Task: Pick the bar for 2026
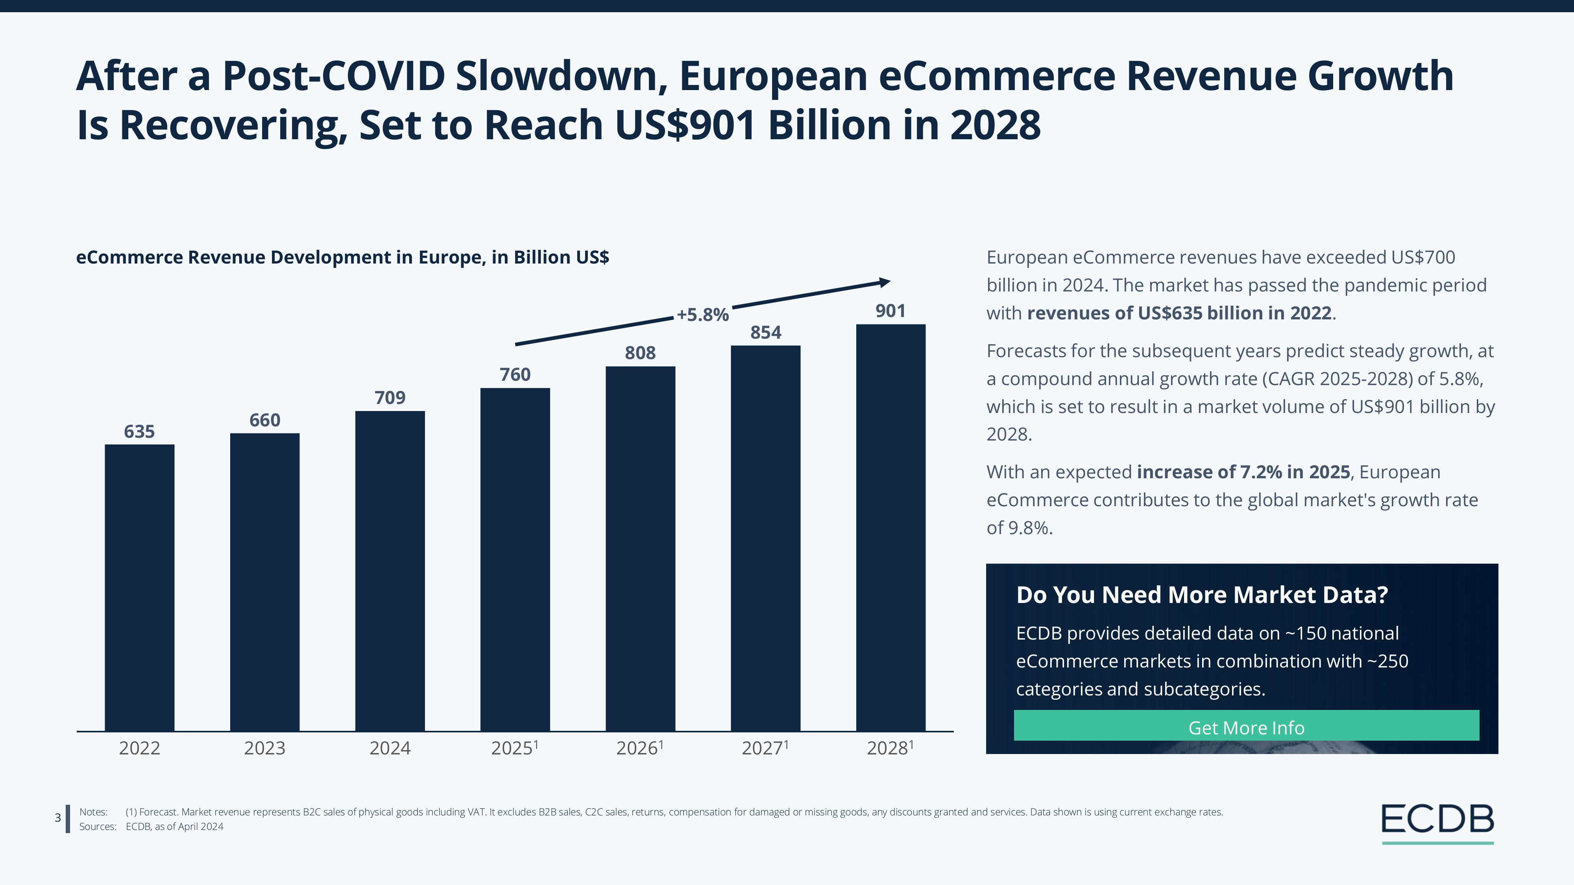[x=640, y=548]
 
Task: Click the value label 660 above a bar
[x=264, y=420]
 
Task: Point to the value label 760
[x=515, y=374]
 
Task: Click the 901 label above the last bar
[x=890, y=311]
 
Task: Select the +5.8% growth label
[x=703, y=315]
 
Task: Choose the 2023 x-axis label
[x=264, y=748]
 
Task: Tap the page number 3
[x=58, y=818]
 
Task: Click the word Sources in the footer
[x=98, y=826]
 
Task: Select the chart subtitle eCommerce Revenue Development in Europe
[x=342, y=257]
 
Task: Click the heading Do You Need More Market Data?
[x=1202, y=595]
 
